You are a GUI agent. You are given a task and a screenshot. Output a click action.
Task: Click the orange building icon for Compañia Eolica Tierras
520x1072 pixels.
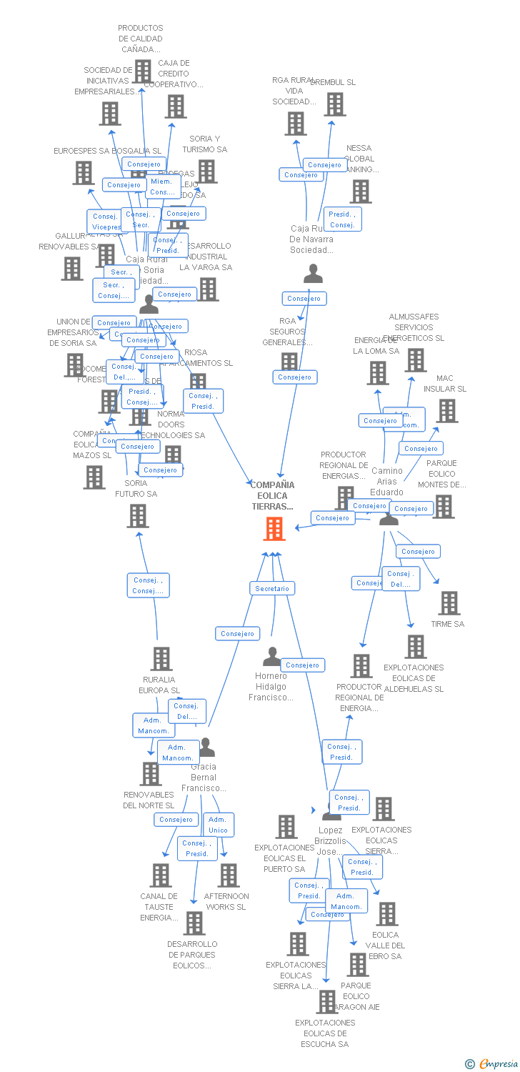point(274,529)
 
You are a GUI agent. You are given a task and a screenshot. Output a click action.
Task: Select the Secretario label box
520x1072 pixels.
point(272,588)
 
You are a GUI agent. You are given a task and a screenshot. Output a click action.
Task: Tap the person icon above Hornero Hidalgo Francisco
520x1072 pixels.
point(272,656)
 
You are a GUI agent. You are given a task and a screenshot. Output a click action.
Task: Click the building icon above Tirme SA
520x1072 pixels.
point(449,603)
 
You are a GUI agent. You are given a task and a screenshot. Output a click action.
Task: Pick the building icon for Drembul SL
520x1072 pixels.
point(335,104)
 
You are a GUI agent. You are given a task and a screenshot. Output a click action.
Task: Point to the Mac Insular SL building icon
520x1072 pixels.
point(448,411)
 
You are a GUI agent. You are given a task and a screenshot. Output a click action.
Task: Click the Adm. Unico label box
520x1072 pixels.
point(218,825)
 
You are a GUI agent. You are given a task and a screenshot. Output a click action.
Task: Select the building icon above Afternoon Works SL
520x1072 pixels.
point(229,875)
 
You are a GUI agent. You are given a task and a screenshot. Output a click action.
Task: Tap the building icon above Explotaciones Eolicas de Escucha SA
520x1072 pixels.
point(327,1002)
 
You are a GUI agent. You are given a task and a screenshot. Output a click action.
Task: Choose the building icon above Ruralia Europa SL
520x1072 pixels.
point(162,659)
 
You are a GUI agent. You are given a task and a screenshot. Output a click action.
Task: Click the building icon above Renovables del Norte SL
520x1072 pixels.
point(151,774)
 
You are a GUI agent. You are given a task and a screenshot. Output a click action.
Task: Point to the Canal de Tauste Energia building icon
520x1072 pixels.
point(161,875)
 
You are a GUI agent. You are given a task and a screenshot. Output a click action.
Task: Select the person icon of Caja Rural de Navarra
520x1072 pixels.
point(313,274)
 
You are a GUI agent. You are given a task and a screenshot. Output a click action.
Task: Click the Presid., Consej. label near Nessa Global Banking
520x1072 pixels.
point(342,219)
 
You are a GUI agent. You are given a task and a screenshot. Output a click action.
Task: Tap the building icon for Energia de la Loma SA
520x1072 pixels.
point(378,373)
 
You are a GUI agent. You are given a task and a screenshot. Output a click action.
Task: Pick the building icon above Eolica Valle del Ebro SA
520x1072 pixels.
point(387,914)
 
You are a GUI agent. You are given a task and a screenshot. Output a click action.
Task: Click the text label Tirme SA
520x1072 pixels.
point(448,624)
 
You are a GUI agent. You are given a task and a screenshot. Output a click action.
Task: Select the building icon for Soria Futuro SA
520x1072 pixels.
point(138,516)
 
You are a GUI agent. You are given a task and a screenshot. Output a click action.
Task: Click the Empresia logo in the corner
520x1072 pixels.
point(492,1064)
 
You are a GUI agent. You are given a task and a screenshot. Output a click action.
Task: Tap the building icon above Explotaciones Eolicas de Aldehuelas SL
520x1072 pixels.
point(415,647)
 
